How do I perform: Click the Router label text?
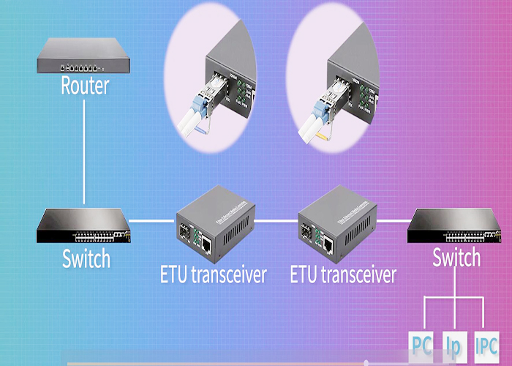[84, 85]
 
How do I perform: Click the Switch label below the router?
[86, 258]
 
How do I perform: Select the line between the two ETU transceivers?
[276, 220]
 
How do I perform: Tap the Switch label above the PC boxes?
[456, 258]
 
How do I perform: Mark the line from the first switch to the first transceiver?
[153, 220]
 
